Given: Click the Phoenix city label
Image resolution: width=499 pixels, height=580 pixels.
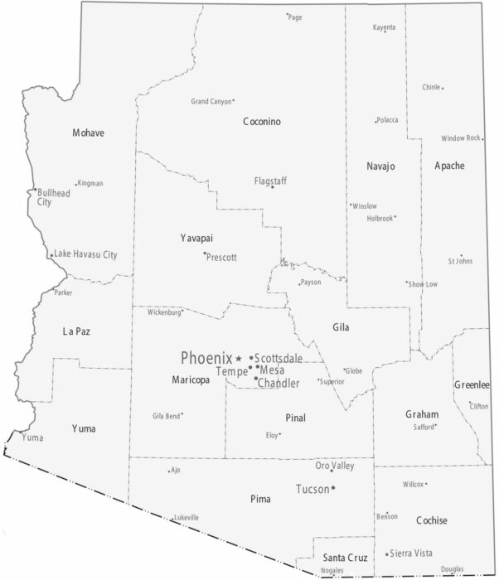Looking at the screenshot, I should [x=206, y=358].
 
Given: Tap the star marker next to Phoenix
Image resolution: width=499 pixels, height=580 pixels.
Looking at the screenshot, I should [x=240, y=358].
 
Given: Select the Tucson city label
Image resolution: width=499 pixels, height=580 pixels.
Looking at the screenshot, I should [x=312, y=489].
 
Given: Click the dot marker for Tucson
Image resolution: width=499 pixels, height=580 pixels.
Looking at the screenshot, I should [x=333, y=489].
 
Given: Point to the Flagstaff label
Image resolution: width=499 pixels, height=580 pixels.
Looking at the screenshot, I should [x=270, y=180].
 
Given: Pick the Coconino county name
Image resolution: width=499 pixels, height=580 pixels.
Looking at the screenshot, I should [x=262, y=122].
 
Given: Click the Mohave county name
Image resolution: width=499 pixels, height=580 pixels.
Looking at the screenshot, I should [x=89, y=133].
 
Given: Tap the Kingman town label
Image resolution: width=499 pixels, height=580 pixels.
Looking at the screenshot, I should [x=90, y=183].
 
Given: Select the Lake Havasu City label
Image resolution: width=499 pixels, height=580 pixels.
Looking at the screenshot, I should [x=86, y=254].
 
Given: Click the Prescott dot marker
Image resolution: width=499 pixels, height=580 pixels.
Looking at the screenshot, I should [x=205, y=254].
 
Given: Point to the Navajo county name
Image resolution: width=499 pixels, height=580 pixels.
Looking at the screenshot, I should [x=380, y=167].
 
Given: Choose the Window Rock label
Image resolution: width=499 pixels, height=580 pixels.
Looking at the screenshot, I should [x=460, y=138].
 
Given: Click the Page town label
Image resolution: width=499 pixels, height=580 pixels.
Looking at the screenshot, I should [x=295, y=17].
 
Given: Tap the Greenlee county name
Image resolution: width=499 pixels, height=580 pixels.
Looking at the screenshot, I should [x=472, y=385].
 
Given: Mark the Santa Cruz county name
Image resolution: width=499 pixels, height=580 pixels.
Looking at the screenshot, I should [x=345, y=557].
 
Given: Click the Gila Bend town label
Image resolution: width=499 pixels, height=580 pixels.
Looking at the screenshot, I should [x=166, y=416].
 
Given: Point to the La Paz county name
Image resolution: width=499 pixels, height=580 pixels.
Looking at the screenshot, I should [x=76, y=331].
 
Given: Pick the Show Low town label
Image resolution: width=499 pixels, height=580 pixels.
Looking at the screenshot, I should [x=423, y=284].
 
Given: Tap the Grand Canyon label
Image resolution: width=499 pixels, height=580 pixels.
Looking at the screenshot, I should [x=211, y=102].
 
